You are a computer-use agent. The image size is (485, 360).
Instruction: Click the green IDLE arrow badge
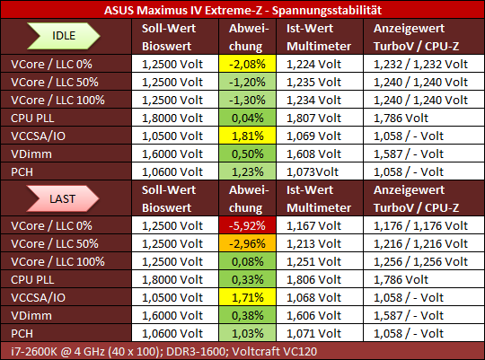point(64,36)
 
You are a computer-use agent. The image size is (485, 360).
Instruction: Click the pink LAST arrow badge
point(63,198)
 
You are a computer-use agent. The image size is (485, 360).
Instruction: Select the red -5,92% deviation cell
point(247,225)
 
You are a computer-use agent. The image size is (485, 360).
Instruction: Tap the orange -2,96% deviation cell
point(247,243)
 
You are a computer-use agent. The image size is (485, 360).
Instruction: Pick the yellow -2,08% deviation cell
point(247,64)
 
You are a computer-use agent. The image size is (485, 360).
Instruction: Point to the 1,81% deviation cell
point(247,136)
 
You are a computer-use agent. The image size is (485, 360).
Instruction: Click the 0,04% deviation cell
point(247,118)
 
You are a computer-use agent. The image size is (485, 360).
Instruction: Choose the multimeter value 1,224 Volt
point(313,64)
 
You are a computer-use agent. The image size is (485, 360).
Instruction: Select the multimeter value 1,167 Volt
point(313,225)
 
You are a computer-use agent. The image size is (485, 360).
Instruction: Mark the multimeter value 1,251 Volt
point(313,261)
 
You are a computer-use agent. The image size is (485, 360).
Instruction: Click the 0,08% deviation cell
point(247,261)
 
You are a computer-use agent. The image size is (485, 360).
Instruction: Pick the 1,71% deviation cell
point(247,297)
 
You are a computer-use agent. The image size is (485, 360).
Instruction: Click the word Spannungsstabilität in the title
point(327,11)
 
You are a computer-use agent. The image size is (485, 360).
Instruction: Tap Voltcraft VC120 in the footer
point(274,351)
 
